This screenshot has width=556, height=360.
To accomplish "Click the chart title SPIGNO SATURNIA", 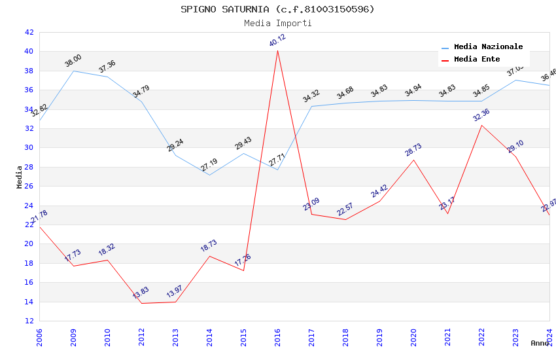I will click(x=277, y=9).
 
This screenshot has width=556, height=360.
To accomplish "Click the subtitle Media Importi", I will click(x=277, y=23).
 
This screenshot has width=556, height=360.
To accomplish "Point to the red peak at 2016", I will click(x=277, y=50).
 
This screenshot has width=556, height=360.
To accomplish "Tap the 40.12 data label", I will click(x=277, y=40).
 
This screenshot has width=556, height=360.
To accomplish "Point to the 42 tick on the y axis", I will click(x=29, y=32).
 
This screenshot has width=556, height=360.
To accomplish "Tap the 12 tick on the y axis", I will click(x=29, y=321).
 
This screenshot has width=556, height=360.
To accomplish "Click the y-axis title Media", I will click(x=20, y=177).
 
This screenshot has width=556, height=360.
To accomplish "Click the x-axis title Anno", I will click(x=540, y=343).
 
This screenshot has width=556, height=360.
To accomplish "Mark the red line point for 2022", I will click(x=481, y=125).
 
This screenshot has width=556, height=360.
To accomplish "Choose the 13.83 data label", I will click(x=141, y=292).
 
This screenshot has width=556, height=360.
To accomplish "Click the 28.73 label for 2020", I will click(x=413, y=150).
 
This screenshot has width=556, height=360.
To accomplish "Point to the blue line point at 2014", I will click(x=209, y=175).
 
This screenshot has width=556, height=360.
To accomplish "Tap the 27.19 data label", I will click(x=209, y=165).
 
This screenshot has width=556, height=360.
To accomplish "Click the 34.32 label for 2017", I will click(x=311, y=97).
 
